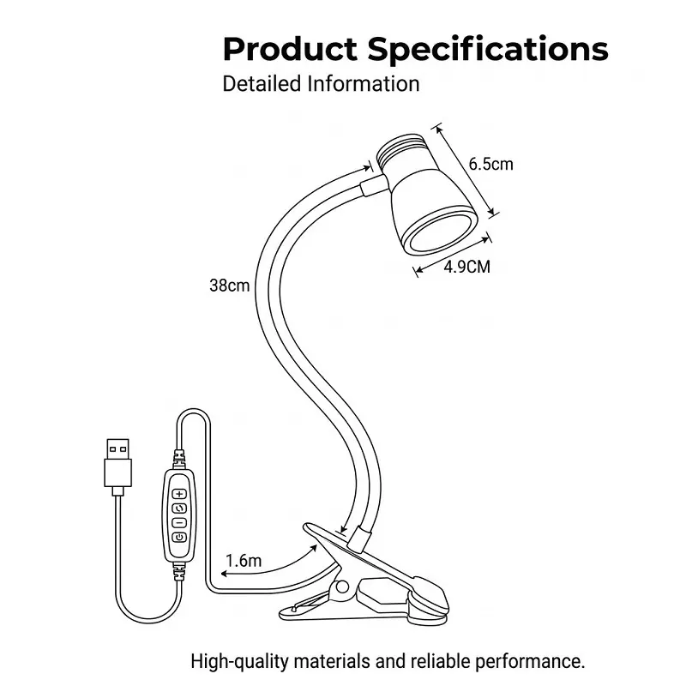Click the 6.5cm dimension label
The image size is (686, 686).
(x=490, y=164)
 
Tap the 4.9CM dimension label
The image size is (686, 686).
(x=466, y=267)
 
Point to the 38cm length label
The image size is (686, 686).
(x=229, y=286)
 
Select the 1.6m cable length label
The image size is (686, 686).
(x=244, y=561)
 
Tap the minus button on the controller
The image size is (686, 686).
(x=179, y=523)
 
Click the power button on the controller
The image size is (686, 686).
(x=179, y=538)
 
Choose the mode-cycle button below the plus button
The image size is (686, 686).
(x=179, y=508)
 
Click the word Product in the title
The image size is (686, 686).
(x=290, y=49)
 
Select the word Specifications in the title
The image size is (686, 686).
(x=488, y=49)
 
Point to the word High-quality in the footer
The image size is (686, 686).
(x=240, y=661)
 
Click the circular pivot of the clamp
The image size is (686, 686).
(x=342, y=587)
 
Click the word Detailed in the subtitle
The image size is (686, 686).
(x=262, y=83)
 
